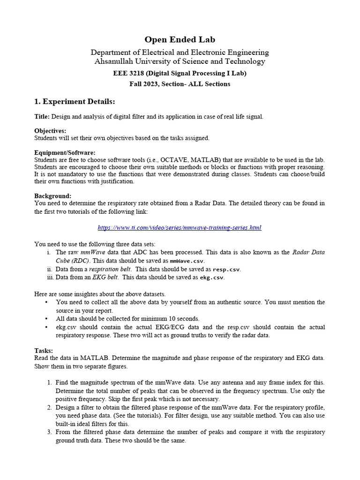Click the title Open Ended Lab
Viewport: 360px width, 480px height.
180,40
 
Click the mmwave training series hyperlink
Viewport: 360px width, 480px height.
180,227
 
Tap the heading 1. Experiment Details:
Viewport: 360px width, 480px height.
75,102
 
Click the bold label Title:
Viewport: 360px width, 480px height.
42,116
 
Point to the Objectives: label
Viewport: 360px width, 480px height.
50,131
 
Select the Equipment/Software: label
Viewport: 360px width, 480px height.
65,153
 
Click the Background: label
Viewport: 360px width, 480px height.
53,195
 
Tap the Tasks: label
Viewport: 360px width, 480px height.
44,350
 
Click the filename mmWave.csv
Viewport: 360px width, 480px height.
187,261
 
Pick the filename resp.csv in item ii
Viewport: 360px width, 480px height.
226,270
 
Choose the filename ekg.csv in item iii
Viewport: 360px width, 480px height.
212,277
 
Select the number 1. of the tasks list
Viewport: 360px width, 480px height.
49,382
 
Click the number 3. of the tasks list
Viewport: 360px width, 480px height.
49,432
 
